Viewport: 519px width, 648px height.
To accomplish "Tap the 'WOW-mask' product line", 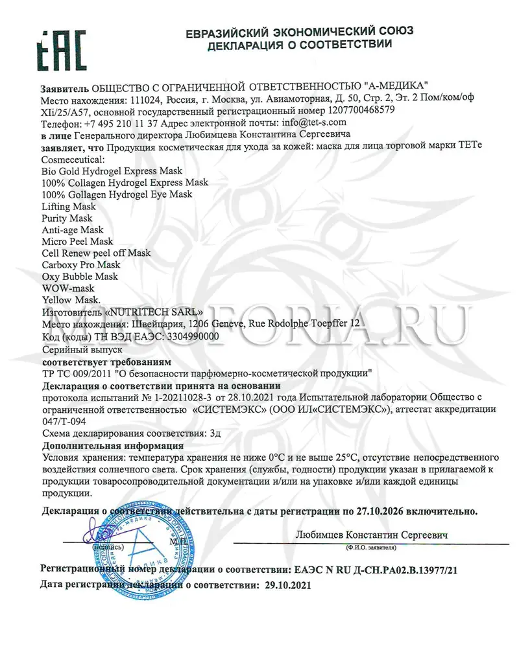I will pyautogui.click(x=67, y=288).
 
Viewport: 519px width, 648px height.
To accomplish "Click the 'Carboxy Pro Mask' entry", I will pyautogui.click(x=80, y=265).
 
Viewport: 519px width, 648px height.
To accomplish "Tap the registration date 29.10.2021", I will pyautogui.click(x=287, y=584).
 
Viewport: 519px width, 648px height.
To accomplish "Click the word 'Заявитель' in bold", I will pyautogui.click(x=64, y=87).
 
